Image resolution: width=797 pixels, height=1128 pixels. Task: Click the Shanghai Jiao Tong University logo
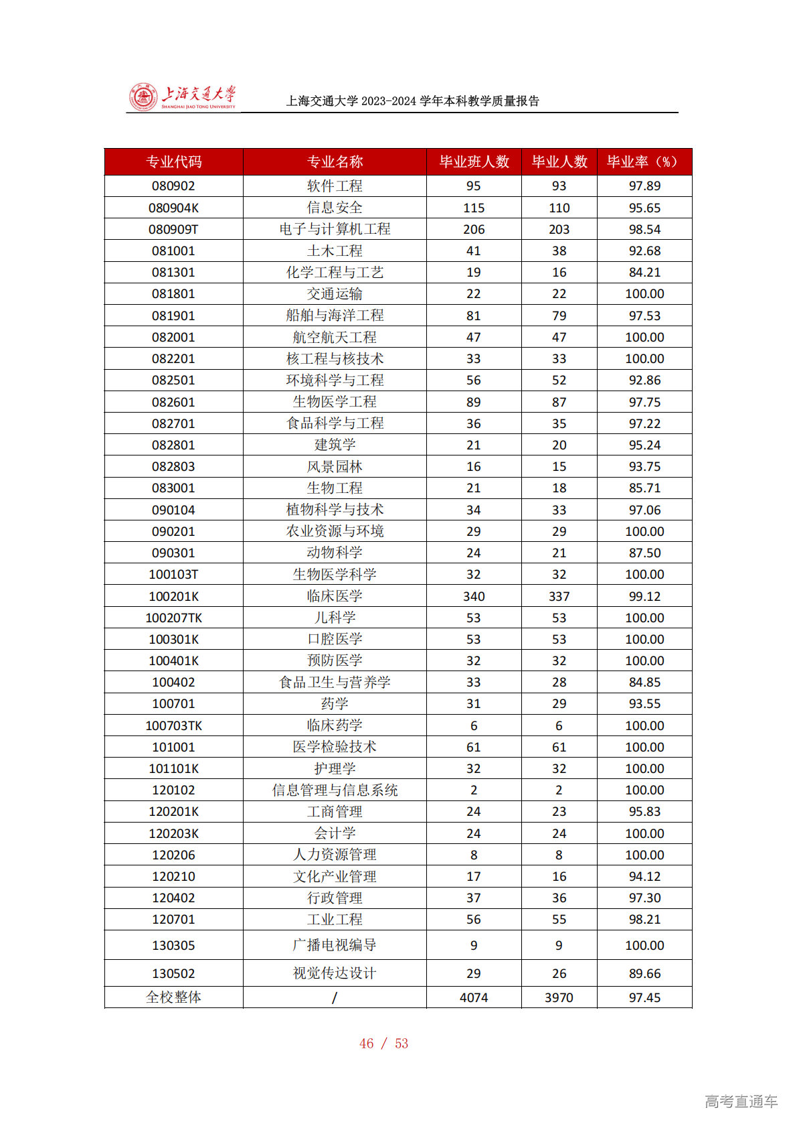(x=182, y=97)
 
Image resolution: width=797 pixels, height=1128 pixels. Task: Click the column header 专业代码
(x=173, y=162)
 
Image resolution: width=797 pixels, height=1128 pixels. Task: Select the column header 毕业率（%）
(x=644, y=162)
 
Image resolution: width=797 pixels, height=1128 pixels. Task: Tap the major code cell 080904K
(x=173, y=208)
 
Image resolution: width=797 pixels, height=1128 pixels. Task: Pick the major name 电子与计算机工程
(x=335, y=229)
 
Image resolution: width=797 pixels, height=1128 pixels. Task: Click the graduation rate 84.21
(x=644, y=273)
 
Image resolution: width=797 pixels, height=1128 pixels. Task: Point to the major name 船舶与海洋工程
(x=335, y=315)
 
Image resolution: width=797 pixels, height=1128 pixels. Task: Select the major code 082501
(x=173, y=380)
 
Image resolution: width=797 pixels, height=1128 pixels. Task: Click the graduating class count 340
(x=474, y=596)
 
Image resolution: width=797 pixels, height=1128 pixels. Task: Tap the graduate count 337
(x=559, y=596)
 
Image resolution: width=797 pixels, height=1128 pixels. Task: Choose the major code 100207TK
(x=173, y=618)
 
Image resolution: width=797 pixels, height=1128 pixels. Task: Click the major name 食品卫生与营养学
(x=335, y=683)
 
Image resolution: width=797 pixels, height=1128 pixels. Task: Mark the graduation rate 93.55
(x=644, y=704)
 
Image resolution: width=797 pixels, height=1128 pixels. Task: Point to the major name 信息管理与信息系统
(x=335, y=790)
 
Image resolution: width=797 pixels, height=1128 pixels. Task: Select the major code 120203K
(x=173, y=833)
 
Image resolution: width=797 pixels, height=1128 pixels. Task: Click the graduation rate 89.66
(x=644, y=973)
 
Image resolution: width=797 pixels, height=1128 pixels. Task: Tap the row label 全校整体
(x=173, y=997)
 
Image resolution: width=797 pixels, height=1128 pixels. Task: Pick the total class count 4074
(x=474, y=997)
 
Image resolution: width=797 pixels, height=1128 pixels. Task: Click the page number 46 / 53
(x=383, y=1044)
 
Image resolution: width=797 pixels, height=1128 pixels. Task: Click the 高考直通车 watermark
(x=741, y=1101)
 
